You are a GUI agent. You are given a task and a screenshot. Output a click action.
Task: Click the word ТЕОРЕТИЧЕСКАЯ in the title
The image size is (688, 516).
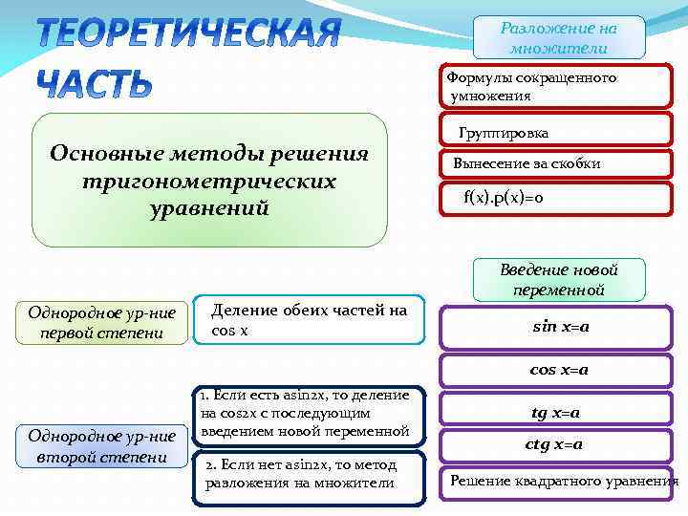click(x=188, y=35)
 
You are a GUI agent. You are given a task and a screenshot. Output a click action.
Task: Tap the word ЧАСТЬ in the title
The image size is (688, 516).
click(x=95, y=84)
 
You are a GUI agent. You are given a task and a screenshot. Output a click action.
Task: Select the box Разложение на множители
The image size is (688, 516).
click(x=559, y=38)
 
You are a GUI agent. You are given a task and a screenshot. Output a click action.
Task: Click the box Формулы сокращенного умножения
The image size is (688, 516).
click(x=556, y=87)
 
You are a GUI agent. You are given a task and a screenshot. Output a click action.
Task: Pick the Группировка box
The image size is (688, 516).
click(x=556, y=133)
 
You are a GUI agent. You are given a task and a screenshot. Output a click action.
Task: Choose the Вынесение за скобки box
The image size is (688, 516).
click(x=556, y=164)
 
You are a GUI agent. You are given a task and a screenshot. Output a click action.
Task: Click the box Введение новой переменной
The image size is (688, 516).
click(x=559, y=279)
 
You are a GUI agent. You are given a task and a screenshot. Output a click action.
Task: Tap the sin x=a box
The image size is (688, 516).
click(x=560, y=327)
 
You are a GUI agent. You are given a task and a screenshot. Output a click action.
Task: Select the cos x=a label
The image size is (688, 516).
click(x=560, y=369)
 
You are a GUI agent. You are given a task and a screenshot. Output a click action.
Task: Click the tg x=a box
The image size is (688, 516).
click(x=556, y=413)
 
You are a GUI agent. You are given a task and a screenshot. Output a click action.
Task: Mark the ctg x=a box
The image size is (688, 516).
click(x=554, y=444)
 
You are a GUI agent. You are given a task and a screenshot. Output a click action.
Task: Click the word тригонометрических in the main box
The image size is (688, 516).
click(x=209, y=181)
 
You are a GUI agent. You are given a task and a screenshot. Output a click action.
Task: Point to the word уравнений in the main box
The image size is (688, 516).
click(x=209, y=207)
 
